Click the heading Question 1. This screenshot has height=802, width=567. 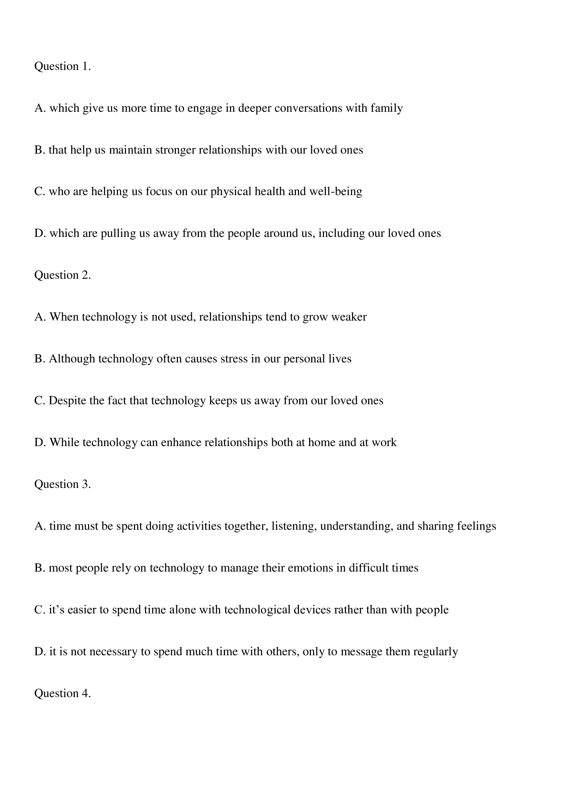[62, 67]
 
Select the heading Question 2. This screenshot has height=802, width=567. [62, 275]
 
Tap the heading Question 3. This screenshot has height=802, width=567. [62, 484]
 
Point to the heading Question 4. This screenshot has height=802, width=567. [62, 693]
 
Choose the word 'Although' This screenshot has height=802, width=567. [72, 359]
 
